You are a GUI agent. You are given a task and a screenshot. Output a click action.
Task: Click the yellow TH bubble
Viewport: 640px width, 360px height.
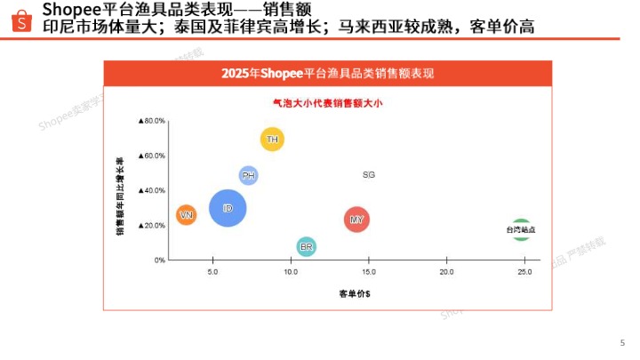pyautogui.click(x=272, y=140)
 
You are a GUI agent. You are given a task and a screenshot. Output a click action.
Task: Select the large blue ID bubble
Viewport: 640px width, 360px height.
pyautogui.click(x=228, y=208)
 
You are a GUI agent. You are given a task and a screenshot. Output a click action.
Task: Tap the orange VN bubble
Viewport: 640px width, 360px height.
pyautogui.click(x=186, y=215)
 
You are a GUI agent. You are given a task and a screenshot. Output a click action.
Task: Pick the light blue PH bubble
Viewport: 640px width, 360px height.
pyautogui.click(x=249, y=176)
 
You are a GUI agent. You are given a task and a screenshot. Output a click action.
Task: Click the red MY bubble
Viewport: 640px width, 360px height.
pyautogui.click(x=356, y=220)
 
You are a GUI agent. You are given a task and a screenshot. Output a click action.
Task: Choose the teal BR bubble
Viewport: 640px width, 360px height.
pyautogui.click(x=306, y=246)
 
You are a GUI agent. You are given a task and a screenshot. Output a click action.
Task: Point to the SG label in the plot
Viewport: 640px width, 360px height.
pyautogui.click(x=369, y=175)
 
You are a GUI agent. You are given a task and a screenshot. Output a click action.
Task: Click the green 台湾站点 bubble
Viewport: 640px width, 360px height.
pyautogui.click(x=521, y=229)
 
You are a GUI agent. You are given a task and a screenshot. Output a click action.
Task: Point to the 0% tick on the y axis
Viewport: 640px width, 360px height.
pyautogui.click(x=159, y=260)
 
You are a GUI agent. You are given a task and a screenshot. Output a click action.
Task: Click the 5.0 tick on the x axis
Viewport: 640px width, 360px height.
pyautogui.click(x=212, y=272)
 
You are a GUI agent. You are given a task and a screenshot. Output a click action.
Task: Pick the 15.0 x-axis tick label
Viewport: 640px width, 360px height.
pyautogui.click(x=368, y=272)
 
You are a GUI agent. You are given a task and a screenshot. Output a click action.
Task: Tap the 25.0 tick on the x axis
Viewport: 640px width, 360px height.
pyautogui.click(x=524, y=272)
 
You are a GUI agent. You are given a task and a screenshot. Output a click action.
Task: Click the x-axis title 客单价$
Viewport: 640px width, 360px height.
pyautogui.click(x=354, y=293)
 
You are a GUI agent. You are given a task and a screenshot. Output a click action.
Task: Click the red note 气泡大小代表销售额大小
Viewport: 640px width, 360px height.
pyautogui.click(x=327, y=103)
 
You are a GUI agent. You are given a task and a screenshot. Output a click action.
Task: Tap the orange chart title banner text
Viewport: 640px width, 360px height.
pyautogui.click(x=327, y=73)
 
